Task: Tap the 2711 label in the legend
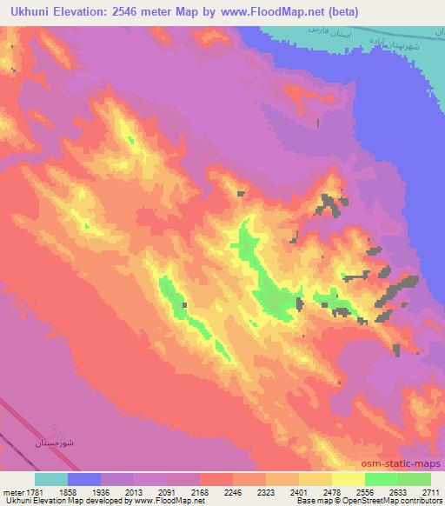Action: pos(432,491)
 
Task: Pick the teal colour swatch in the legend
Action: pos(51,479)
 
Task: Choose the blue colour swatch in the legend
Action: pos(84,479)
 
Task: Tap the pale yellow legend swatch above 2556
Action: pos(348,479)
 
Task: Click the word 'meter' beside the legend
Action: pos(14,491)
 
